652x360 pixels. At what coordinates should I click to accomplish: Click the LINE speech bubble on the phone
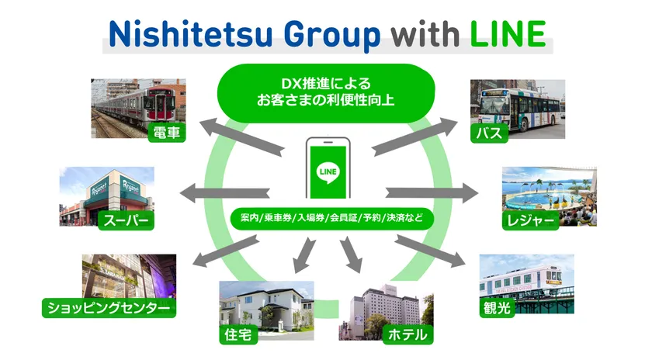[x=328, y=172]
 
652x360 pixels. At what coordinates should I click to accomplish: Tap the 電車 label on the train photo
[x=167, y=133]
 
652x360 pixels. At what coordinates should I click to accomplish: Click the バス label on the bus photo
[x=489, y=133]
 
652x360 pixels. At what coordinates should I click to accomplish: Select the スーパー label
[x=126, y=220]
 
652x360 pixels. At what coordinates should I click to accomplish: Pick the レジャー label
[x=531, y=220]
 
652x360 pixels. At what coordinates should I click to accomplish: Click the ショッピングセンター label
[x=109, y=308]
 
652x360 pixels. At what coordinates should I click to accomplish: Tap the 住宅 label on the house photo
[x=238, y=334]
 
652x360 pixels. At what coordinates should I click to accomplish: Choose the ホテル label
[x=407, y=334]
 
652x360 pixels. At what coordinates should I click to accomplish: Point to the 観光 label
[x=498, y=308]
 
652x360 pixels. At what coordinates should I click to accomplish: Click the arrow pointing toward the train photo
[x=241, y=136]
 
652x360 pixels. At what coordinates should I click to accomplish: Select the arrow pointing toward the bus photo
[x=414, y=137]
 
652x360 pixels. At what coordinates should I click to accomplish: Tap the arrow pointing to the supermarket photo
[x=224, y=193]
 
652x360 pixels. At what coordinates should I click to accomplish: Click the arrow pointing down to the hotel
[x=351, y=254]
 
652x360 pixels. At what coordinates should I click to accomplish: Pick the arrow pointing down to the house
[x=304, y=255]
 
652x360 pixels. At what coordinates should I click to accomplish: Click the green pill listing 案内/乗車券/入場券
[x=332, y=218]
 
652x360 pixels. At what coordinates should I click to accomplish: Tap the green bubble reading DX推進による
[x=326, y=92]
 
